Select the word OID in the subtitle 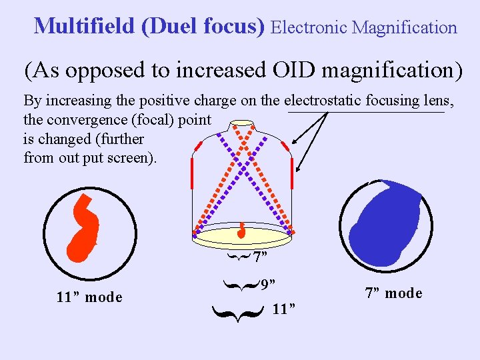coord(306,69)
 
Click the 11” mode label coord(89,297)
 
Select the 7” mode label coord(393,293)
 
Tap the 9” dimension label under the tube coord(269,285)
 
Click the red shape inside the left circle coord(83,230)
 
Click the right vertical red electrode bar coord(292,173)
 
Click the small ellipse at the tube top coord(242,125)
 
